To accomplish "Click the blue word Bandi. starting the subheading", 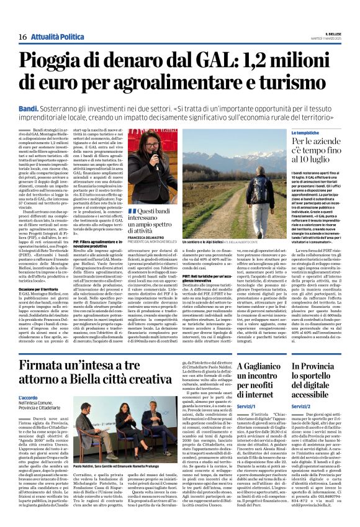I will point(29,107).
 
